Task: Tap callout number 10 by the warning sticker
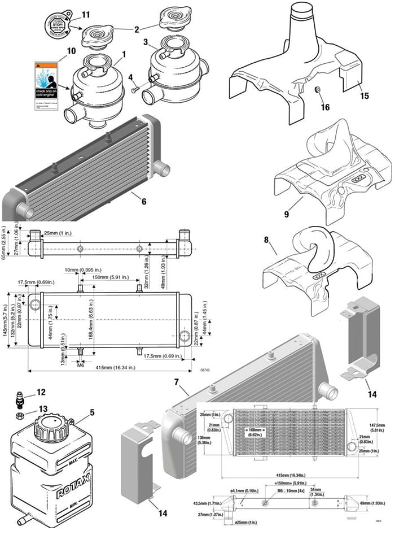click(71, 51)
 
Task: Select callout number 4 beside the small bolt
click(130, 77)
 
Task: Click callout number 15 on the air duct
click(364, 96)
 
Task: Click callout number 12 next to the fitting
click(41, 391)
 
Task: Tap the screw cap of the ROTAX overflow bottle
click(50, 424)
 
